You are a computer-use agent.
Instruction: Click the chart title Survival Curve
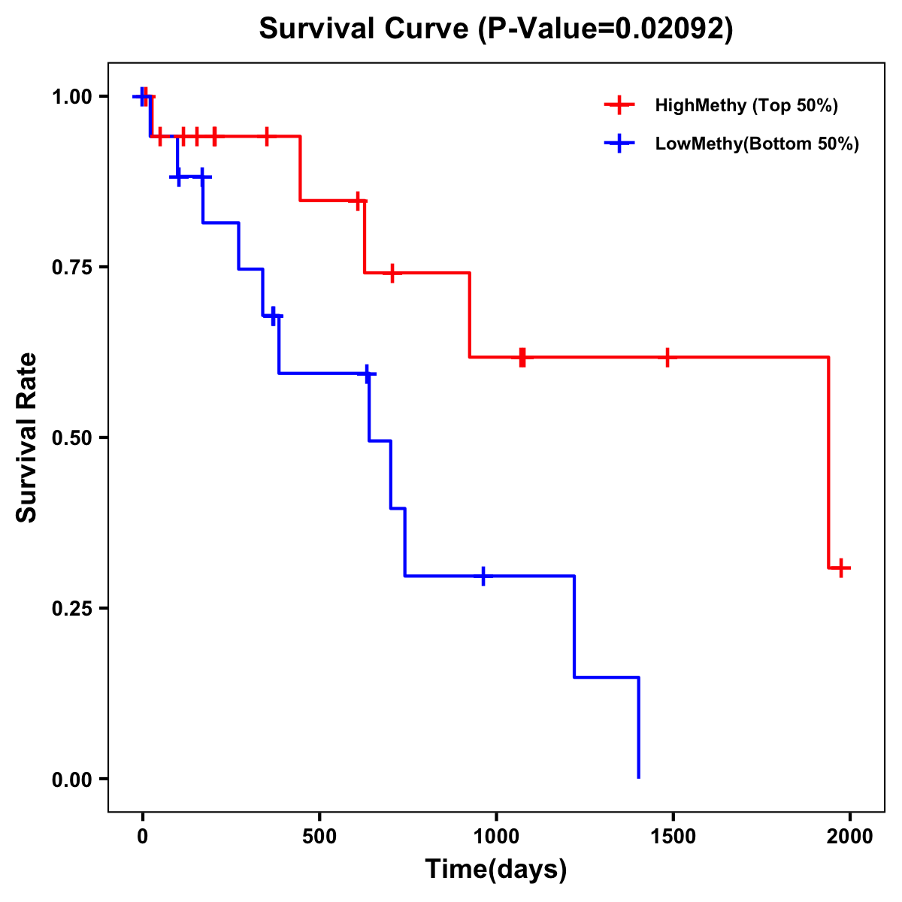point(365,29)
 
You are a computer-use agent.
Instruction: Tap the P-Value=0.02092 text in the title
point(606,29)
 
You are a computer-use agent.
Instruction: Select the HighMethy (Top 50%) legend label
point(746,105)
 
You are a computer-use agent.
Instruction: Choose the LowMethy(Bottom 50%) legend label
point(757,144)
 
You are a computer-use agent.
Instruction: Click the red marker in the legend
point(619,105)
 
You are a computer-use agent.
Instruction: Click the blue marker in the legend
point(619,144)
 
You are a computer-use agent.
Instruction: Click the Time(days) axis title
point(496,870)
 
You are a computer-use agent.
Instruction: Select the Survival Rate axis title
point(28,437)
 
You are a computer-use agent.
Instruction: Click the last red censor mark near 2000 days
point(842,568)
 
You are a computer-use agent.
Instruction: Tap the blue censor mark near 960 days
point(483,576)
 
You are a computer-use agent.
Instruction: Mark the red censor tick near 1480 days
point(667,357)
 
